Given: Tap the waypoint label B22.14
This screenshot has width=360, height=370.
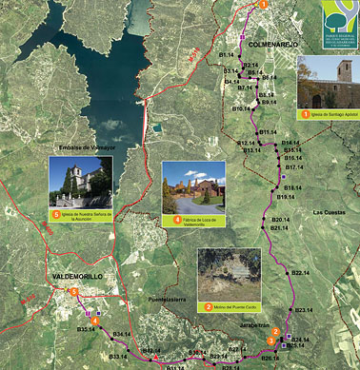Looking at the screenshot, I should click(300, 273).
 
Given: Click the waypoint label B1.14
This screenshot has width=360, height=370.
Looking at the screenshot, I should click(228, 56).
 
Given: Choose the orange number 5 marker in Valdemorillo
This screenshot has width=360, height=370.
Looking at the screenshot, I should click(74, 291).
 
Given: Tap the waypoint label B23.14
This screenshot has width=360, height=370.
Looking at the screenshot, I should click(305, 310).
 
